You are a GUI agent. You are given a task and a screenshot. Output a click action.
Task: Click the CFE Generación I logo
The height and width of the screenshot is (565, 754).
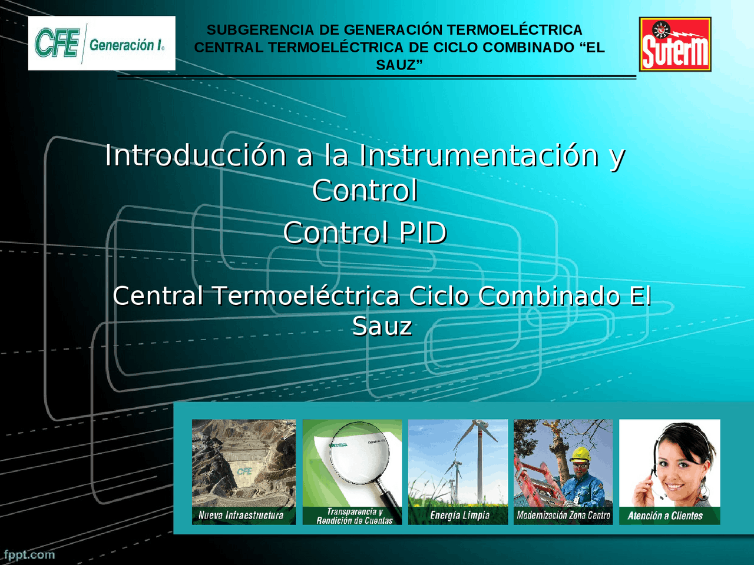pyautogui.click(x=101, y=44)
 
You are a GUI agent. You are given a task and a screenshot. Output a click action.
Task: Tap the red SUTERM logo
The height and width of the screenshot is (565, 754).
pyautogui.click(x=675, y=45)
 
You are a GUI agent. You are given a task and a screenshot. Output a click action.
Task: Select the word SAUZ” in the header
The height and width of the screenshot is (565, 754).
pyautogui.click(x=399, y=65)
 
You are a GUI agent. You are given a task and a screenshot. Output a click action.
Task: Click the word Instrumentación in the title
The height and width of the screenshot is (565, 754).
pyautogui.click(x=479, y=156)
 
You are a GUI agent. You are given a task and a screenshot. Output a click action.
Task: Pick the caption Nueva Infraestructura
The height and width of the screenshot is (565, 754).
pyautogui.click(x=241, y=516)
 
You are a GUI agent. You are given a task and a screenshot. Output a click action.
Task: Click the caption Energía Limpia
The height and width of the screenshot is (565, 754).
pyautogui.click(x=459, y=516)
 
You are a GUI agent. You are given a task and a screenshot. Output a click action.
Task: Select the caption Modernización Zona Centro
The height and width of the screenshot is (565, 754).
pyautogui.click(x=563, y=516)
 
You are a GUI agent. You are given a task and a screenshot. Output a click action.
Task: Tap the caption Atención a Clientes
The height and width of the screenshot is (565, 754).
pyautogui.click(x=665, y=516)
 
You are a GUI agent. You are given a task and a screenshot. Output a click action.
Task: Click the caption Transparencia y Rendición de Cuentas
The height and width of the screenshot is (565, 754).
pyautogui.click(x=354, y=516)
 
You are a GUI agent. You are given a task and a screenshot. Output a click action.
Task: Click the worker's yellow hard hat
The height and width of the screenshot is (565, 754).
pyautogui.click(x=581, y=454)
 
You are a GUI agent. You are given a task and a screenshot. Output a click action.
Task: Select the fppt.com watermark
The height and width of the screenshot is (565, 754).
pyautogui.click(x=29, y=554)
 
